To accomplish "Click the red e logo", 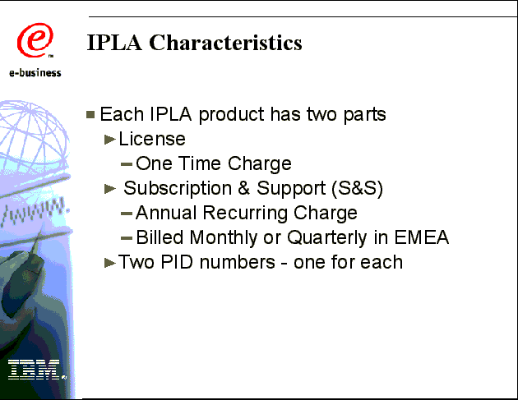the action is (35, 40).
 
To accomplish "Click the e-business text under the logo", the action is (35, 72).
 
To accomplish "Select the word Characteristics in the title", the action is (225, 43).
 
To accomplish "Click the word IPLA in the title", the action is (114, 43).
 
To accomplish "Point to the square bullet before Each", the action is (90, 114).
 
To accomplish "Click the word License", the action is (152, 139).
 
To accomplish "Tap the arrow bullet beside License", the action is (109, 140).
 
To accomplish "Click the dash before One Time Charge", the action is (127, 164).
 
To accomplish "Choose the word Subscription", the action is (178, 188).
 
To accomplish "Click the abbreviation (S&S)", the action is (357, 188).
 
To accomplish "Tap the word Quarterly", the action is (327, 237).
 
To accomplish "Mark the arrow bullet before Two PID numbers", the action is (110, 263).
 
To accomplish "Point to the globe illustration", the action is (33, 136).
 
